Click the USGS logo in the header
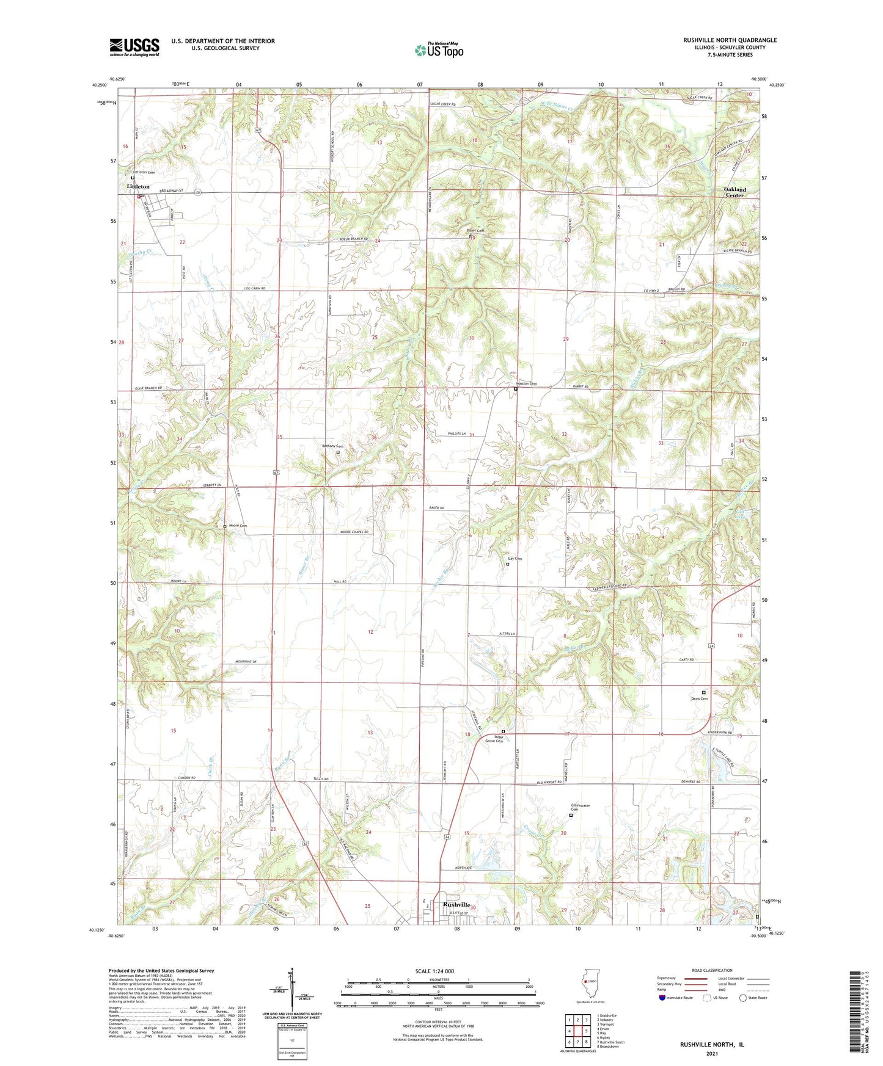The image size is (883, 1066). click(134, 47)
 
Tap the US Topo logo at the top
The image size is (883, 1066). click(439, 50)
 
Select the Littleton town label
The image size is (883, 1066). click(138, 186)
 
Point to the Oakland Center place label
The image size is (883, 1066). click(735, 192)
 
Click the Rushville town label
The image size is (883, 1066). click(456, 905)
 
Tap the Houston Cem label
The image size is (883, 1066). click(524, 383)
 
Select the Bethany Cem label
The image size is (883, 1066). click(332, 446)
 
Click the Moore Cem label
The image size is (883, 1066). click(238, 526)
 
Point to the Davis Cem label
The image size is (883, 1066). click(699, 698)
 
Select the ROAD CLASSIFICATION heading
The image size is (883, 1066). click(713, 970)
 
